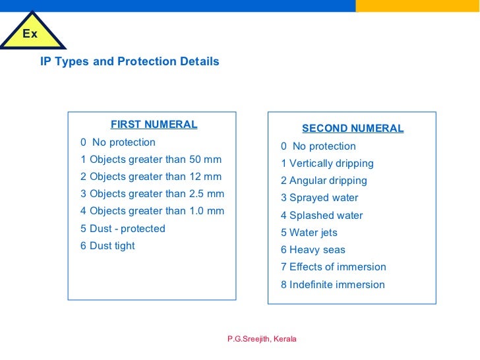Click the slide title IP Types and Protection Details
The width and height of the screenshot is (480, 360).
129,61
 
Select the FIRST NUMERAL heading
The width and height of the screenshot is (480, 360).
154,124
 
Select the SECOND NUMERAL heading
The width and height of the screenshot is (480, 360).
352,129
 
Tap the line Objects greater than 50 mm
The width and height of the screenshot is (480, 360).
151,160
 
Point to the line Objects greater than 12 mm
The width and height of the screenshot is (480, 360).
151,177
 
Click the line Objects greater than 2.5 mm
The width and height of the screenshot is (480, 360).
152,194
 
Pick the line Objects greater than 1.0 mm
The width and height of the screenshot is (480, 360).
152,211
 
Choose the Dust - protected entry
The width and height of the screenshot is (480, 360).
123,229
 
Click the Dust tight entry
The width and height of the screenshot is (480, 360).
107,246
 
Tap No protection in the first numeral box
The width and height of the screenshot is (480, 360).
118,142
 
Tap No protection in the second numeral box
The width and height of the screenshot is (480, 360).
318,146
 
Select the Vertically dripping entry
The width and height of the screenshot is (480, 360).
327,164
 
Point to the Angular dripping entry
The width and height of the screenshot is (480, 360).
324,181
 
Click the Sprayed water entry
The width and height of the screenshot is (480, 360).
320,198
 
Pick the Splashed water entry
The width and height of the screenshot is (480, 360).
322,216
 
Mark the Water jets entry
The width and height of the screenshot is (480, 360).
309,233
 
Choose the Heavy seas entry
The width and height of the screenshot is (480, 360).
313,250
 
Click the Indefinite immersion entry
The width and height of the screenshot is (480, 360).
333,285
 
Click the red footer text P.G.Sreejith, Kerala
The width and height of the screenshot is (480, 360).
262,339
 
